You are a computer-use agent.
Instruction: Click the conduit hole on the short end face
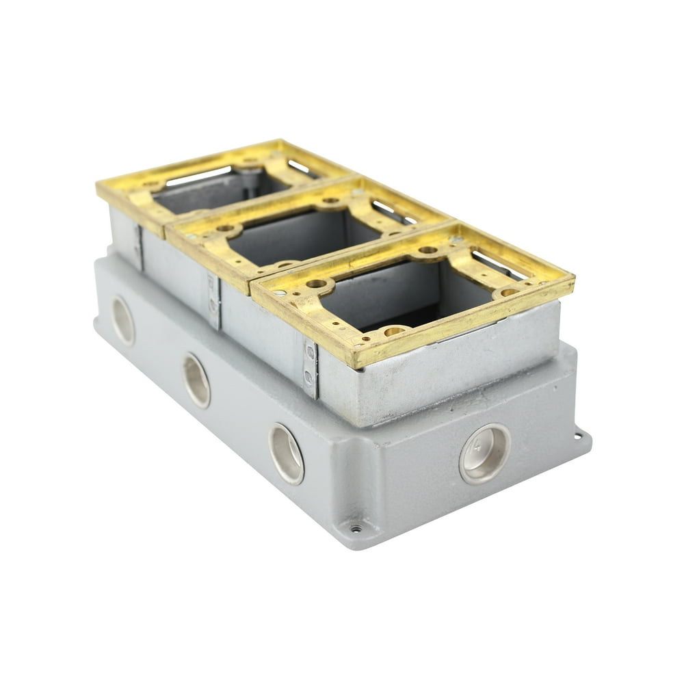coord(484,453)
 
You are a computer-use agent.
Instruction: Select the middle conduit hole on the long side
coord(196,382)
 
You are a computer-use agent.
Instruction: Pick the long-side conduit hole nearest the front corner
coord(286,453)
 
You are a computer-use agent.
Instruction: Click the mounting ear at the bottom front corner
coord(355,528)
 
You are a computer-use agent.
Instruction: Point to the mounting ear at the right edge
coord(580,435)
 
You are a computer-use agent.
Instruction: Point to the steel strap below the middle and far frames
coord(213,300)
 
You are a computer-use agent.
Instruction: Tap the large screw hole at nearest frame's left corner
coord(316,283)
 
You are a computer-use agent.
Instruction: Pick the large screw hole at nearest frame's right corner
coord(507,292)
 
